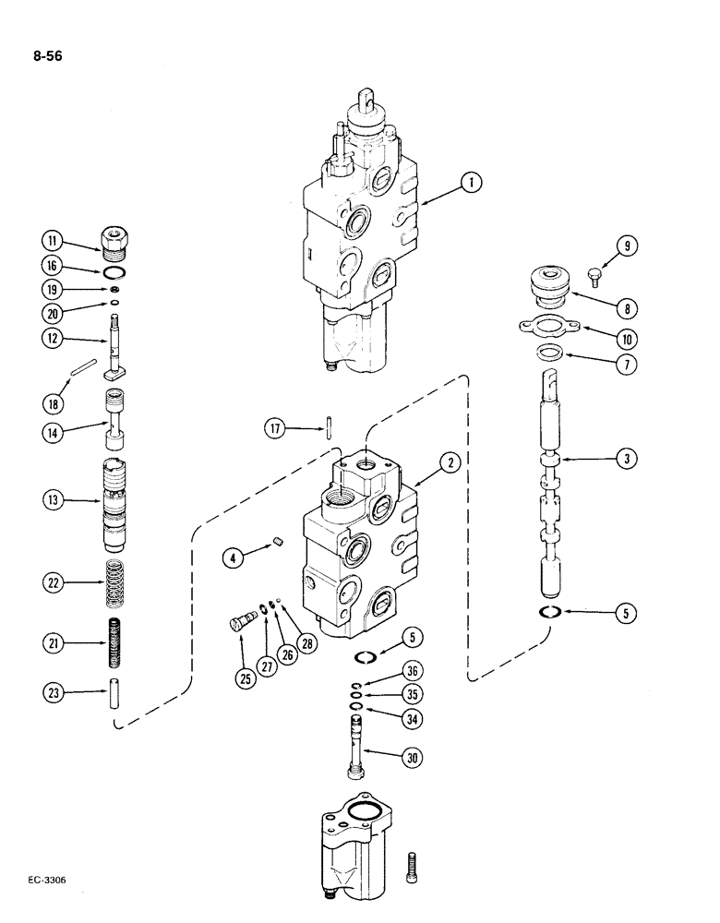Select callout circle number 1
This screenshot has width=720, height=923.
pyautogui.click(x=471, y=184)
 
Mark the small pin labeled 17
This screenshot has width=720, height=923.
pyautogui.click(x=329, y=429)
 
